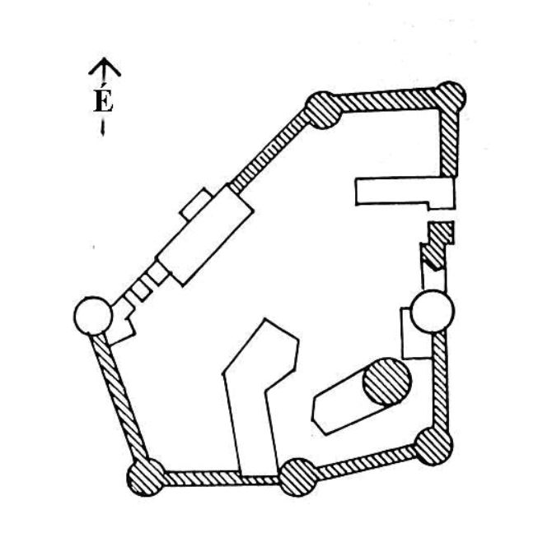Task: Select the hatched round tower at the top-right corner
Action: (x=451, y=96)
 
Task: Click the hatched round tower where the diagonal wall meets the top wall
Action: (x=323, y=110)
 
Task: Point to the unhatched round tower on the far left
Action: (x=93, y=316)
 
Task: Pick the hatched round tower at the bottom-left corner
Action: (x=146, y=477)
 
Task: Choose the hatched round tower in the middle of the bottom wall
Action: (x=298, y=477)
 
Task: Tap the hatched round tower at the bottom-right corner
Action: (x=433, y=447)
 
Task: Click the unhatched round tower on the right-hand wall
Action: (x=433, y=311)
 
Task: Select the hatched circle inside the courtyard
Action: (x=387, y=382)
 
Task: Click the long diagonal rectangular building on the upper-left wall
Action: (x=206, y=234)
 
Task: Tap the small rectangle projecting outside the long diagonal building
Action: (x=196, y=205)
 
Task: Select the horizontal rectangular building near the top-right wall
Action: (x=405, y=192)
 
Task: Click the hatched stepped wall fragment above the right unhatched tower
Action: (x=437, y=245)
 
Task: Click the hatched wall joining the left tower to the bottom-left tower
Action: (x=119, y=396)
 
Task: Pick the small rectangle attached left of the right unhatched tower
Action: (x=416, y=334)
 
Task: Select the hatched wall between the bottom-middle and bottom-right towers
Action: (x=366, y=462)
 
